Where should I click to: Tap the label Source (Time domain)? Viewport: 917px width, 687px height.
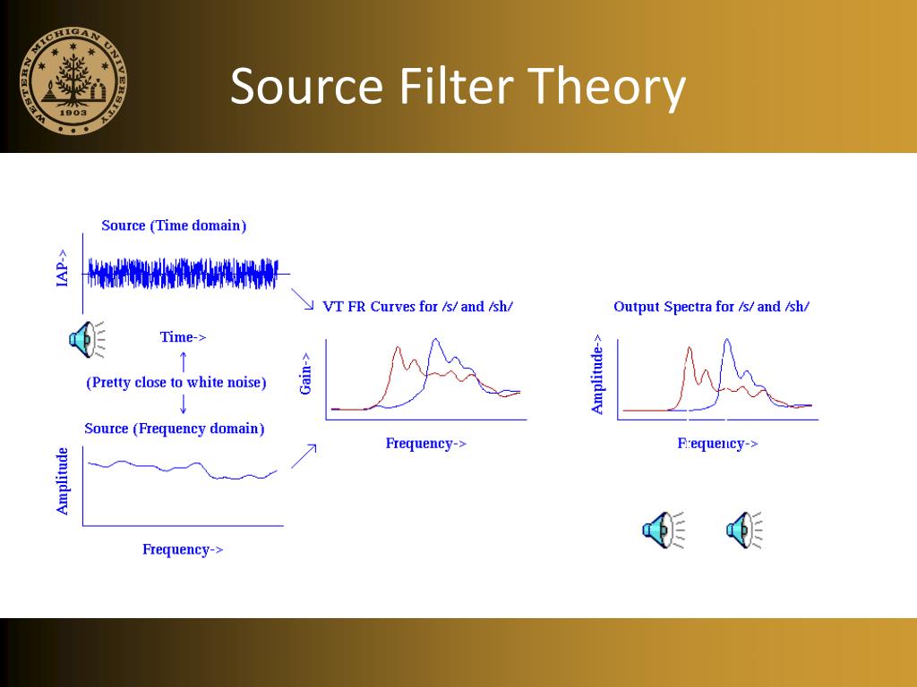(x=174, y=225)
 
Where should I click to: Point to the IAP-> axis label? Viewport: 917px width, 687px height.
(x=62, y=267)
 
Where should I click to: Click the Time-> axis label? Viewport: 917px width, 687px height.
(x=183, y=337)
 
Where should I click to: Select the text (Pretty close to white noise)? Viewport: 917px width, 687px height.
(x=176, y=383)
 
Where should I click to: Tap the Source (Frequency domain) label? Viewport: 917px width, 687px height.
(x=175, y=428)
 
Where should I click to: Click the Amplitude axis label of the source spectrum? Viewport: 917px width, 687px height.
(x=63, y=481)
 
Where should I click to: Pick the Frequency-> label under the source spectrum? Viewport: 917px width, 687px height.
(x=183, y=549)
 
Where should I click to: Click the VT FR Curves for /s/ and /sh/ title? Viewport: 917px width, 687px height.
(x=417, y=307)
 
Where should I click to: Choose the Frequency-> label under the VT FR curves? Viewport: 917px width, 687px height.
(x=426, y=443)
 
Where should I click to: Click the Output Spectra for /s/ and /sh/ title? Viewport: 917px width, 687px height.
(x=711, y=307)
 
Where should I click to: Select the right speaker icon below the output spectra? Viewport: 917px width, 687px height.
(x=744, y=530)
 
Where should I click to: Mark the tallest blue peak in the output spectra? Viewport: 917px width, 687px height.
(x=727, y=340)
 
